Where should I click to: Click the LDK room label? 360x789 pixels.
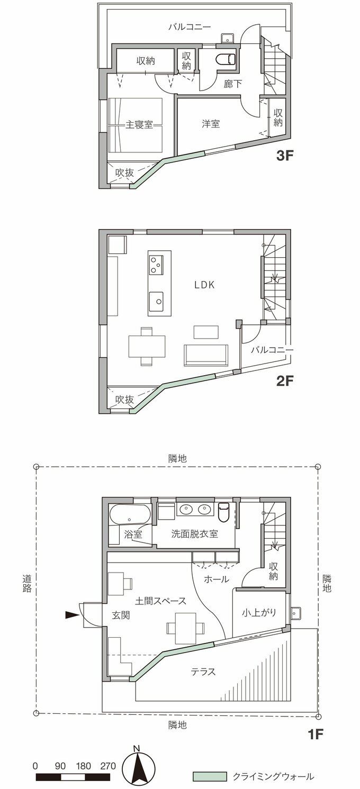coord(203,285)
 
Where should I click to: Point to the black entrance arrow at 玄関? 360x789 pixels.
coord(71,615)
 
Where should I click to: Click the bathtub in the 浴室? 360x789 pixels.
coord(130,515)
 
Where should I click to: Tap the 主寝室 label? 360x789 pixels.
coord(139,125)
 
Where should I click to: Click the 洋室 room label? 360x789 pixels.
coord(211,124)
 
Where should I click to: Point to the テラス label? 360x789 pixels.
coord(203,672)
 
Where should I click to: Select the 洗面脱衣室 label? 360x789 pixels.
coord(195,534)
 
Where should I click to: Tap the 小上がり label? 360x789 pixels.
coord(259,613)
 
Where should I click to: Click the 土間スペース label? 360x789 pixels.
coord(160,601)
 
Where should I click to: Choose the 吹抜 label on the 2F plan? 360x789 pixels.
coord(124,400)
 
